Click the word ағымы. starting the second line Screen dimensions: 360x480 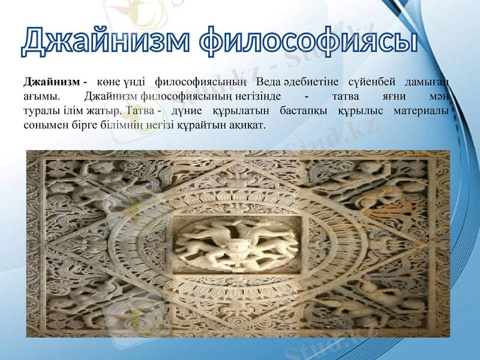pyautogui.click(x=41, y=97)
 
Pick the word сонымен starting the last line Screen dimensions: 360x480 pyautogui.click(x=43, y=127)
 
